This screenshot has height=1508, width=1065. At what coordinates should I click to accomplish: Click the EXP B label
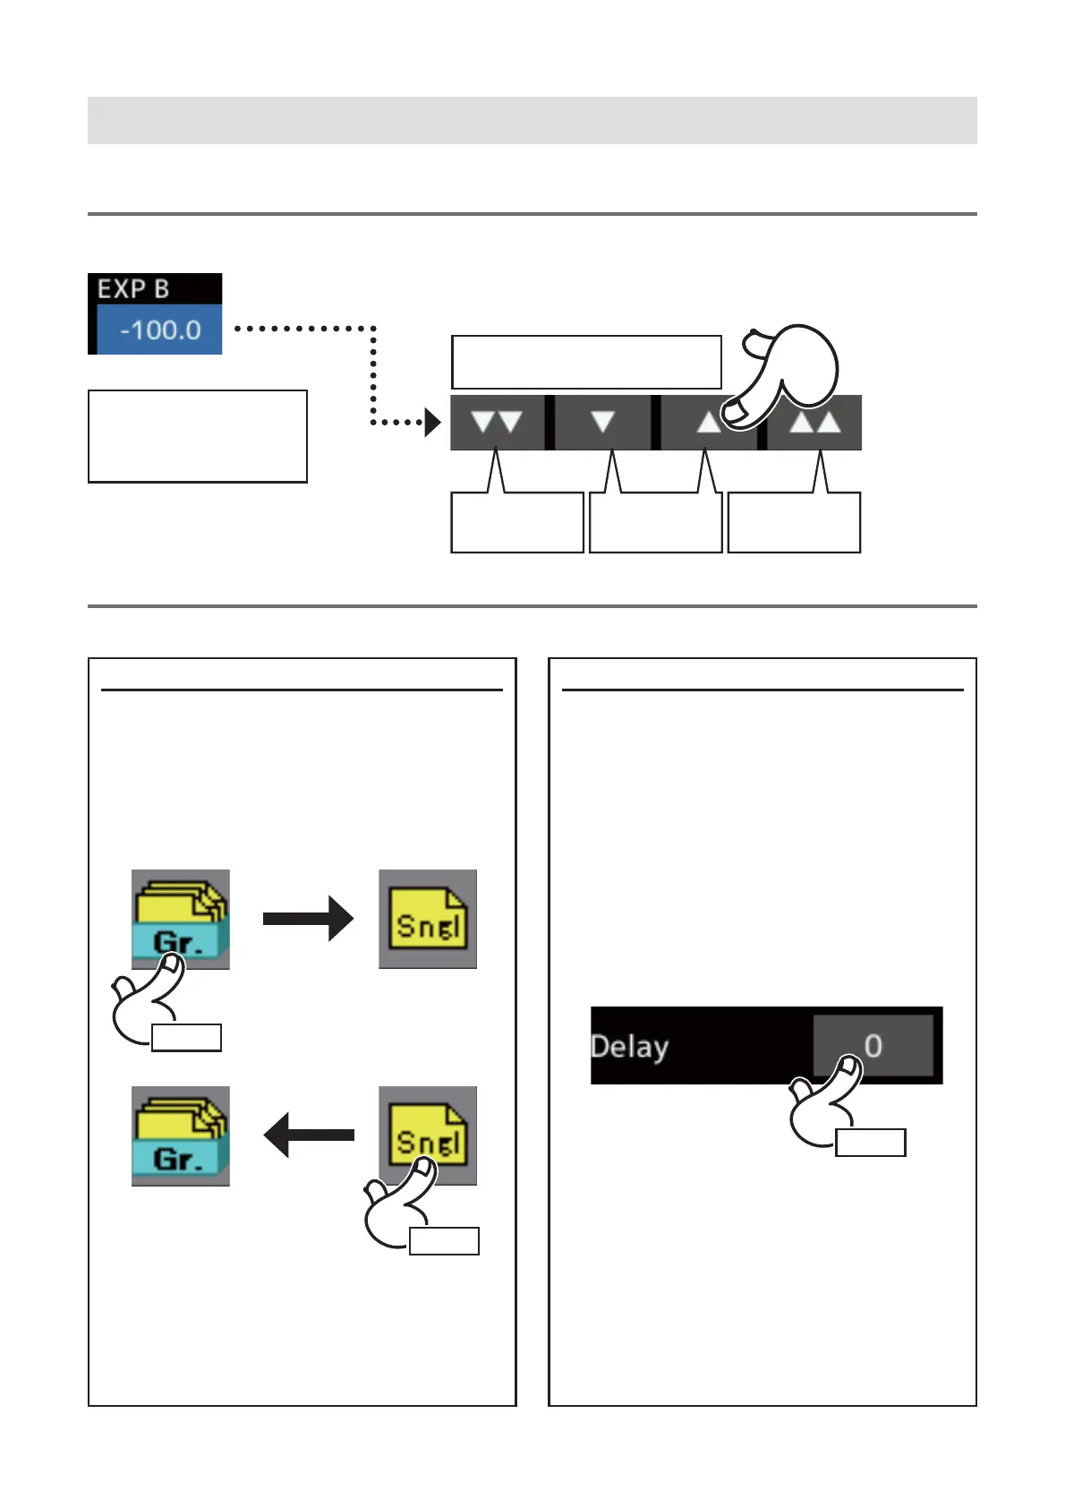(x=133, y=289)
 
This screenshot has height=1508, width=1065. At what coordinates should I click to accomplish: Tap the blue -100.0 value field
(x=159, y=330)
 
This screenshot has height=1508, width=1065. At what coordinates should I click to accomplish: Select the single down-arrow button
(x=602, y=422)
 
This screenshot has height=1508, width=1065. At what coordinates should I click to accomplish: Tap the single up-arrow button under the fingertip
(x=709, y=423)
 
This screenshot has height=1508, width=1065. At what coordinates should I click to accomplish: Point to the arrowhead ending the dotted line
(x=433, y=422)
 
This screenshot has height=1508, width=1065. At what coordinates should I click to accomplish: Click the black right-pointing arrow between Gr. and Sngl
(x=308, y=918)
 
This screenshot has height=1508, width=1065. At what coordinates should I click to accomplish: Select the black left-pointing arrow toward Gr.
(x=308, y=1135)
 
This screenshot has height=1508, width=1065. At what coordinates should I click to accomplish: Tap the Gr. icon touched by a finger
(x=181, y=919)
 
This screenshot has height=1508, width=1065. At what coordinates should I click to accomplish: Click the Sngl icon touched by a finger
(x=428, y=1135)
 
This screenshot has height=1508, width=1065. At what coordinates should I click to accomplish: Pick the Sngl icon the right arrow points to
(x=428, y=919)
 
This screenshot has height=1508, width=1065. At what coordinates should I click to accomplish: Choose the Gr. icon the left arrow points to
(x=181, y=1135)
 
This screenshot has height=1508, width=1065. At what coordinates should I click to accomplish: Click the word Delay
(x=630, y=1046)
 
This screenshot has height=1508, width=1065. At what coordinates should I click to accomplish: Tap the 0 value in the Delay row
(x=873, y=1045)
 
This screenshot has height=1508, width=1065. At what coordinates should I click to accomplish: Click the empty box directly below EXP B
(x=198, y=436)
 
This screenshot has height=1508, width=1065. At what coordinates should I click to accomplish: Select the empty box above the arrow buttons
(x=586, y=362)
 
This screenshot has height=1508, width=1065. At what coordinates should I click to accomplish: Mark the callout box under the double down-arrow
(x=517, y=523)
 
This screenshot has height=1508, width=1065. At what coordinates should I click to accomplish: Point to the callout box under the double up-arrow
(x=794, y=523)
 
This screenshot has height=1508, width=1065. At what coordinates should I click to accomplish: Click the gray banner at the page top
(x=532, y=120)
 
